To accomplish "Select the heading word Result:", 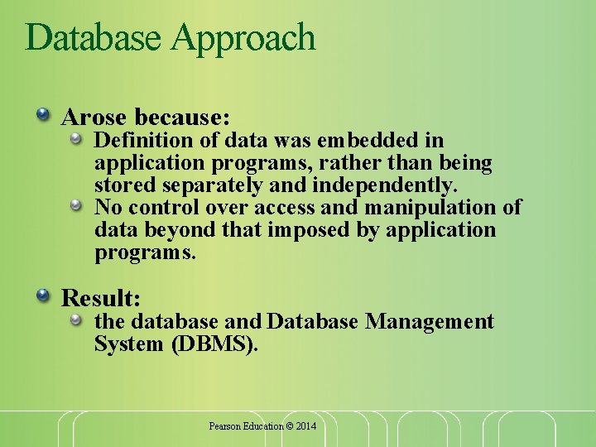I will point(101,297).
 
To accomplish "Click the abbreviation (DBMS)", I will point(215,344).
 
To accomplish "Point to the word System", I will point(129,344).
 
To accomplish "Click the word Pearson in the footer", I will point(223,426).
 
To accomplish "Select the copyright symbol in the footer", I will point(290,426).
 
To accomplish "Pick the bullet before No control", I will point(76,203).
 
